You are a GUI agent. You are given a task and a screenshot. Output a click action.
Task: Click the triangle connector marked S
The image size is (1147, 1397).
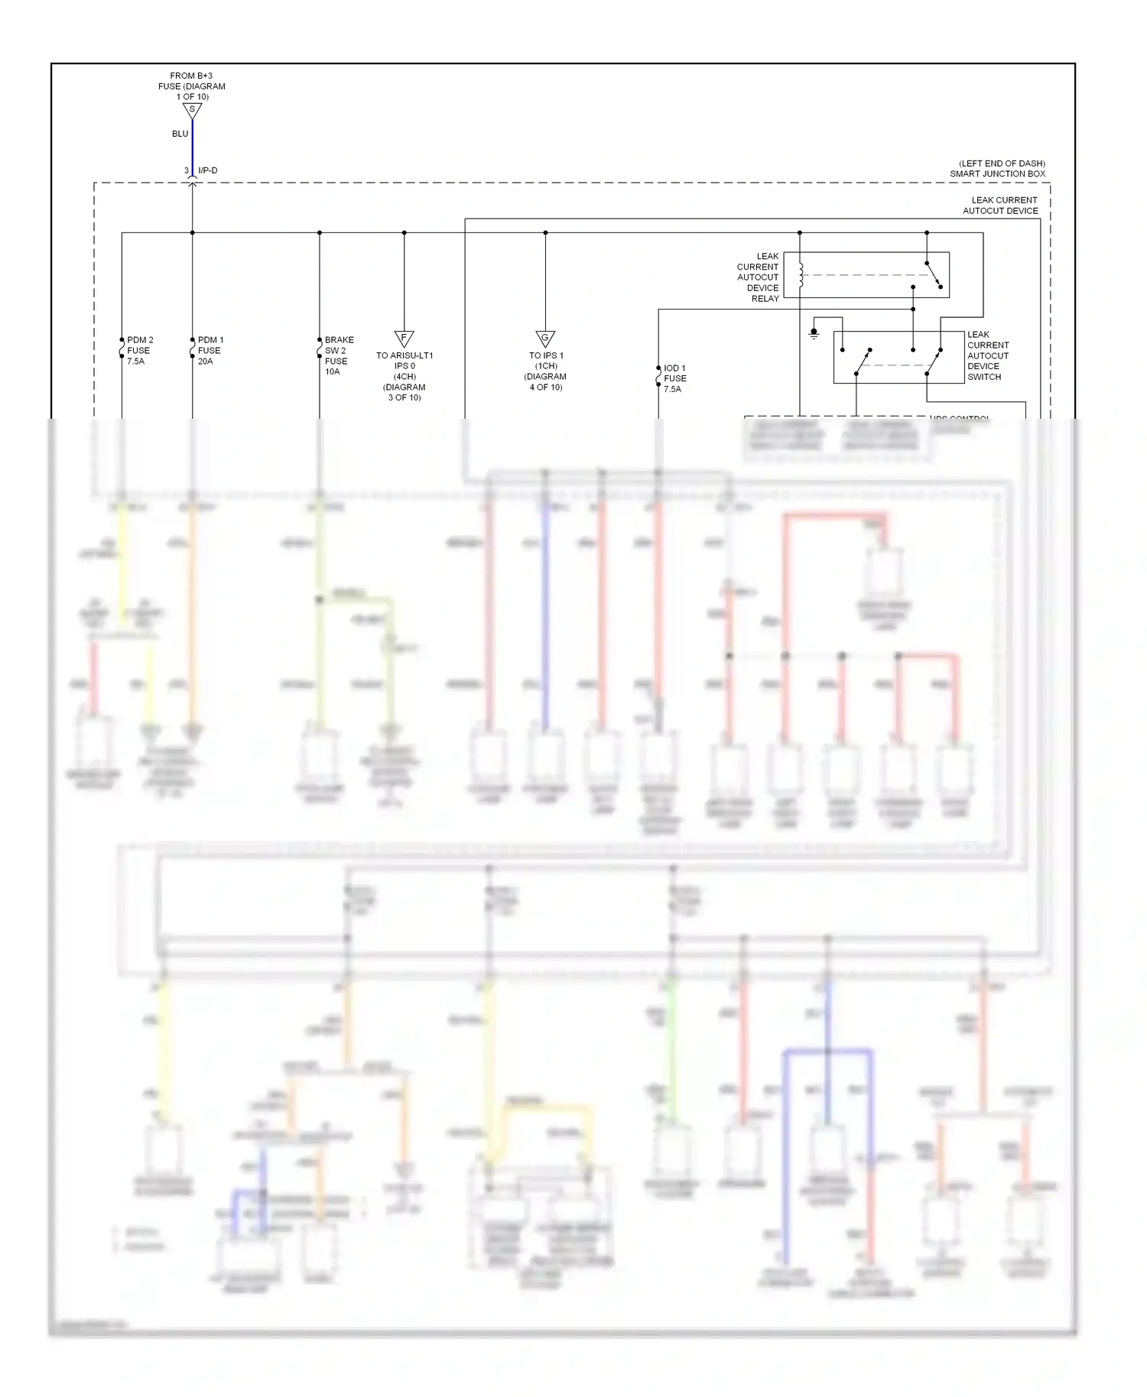pyautogui.click(x=192, y=110)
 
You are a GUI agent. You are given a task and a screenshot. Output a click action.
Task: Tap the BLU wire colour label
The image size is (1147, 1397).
pyautogui.click(x=180, y=134)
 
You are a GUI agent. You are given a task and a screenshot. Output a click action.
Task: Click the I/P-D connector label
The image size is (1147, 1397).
pyautogui.click(x=208, y=170)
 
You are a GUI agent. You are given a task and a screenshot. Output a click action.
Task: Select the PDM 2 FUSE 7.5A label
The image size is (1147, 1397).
pyautogui.click(x=140, y=351)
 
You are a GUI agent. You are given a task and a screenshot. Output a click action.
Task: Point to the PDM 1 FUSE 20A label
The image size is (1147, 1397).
pyautogui.click(x=210, y=351)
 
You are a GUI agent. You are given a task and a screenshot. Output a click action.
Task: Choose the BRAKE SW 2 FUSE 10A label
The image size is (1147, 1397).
pyautogui.click(x=339, y=355)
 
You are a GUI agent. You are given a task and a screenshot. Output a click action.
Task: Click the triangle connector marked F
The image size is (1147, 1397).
pyautogui.click(x=404, y=338)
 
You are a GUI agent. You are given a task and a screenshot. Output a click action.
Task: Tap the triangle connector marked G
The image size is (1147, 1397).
pyautogui.click(x=545, y=338)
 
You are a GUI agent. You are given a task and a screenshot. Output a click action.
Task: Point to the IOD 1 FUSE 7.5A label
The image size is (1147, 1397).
pyautogui.click(x=674, y=378)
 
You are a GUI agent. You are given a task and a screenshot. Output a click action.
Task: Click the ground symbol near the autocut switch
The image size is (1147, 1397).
pyautogui.click(x=814, y=334)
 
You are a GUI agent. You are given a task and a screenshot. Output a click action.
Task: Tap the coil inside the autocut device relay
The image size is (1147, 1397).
pyautogui.click(x=801, y=275)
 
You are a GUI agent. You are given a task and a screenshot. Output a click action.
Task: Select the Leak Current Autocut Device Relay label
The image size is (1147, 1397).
pyautogui.click(x=758, y=277)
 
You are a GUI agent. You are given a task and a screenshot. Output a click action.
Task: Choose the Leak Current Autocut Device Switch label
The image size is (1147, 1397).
pyautogui.click(x=988, y=355)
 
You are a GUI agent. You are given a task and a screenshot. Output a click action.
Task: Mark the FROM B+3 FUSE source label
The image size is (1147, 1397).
pyautogui.click(x=192, y=86)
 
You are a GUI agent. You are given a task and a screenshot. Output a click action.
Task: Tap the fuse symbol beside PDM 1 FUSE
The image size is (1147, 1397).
pyautogui.click(x=192, y=351)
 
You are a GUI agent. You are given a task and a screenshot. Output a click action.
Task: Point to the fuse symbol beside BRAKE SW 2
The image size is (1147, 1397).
pyautogui.click(x=319, y=351)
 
